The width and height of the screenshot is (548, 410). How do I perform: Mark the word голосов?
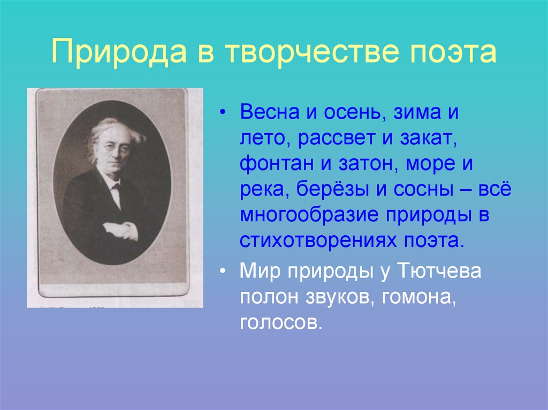tap(281, 323)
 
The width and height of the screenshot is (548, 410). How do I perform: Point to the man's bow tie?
tap(116, 186)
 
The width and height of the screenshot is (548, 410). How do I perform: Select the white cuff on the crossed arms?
tap(129, 231)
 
